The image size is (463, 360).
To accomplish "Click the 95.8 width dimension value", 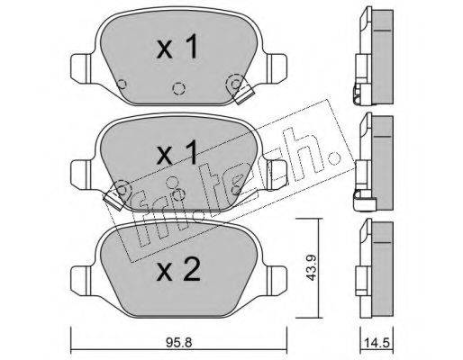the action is [x=178, y=342].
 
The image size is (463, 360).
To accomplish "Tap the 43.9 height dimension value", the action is [x=312, y=267].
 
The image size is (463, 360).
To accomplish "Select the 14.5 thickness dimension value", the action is [x=377, y=342].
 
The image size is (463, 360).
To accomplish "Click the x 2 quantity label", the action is [x=178, y=269].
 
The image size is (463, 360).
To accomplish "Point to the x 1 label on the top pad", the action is [x=177, y=46].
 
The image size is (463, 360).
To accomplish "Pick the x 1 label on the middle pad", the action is [x=177, y=152].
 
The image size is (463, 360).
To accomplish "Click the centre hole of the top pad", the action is [x=178, y=88].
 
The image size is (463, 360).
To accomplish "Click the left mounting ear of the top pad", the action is [x=81, y=67].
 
